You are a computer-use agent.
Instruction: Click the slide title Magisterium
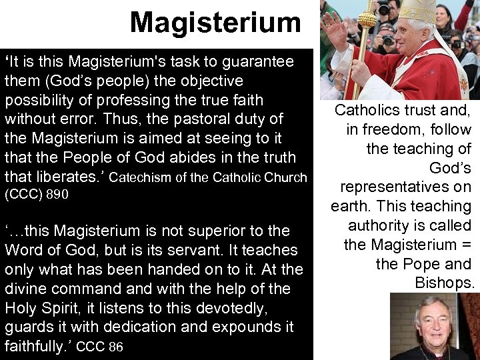(x=215, y=22)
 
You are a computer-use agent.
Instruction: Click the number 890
(x=55, y=196)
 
